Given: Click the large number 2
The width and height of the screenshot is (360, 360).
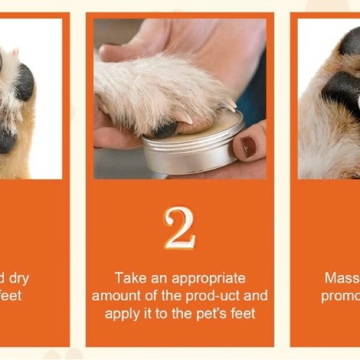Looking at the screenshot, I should [x=179, y=228].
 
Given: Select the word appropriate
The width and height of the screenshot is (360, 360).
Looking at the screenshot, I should [x=208, y=278].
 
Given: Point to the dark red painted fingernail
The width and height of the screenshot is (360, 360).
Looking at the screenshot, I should [x=249, y=146].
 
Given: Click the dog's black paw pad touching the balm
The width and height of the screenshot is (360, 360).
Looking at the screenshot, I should [x=165, y=130].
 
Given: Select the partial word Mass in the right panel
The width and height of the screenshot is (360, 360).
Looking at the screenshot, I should [x=342, y=278].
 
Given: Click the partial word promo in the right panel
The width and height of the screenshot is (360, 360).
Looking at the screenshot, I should [x=340, y=296].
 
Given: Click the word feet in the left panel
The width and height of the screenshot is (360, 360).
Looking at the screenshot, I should [x=11, y=296].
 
